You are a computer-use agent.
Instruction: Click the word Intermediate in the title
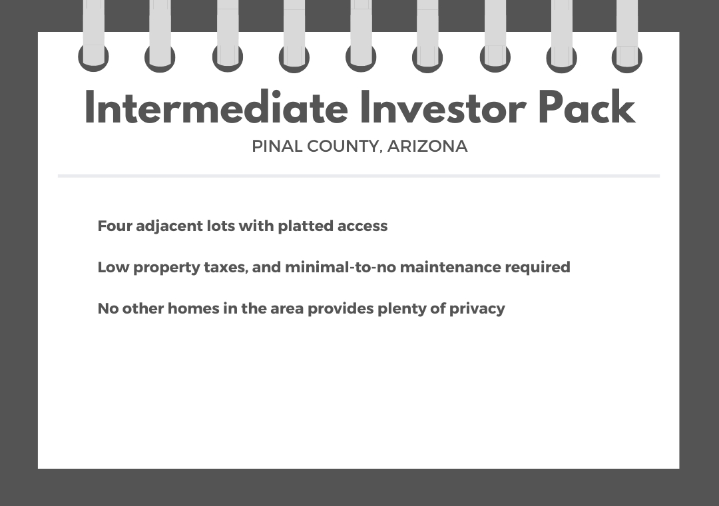(x=216, y=107)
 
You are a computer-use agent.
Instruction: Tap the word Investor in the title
(x=443, y=107)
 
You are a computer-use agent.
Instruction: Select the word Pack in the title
(x=587, y=107)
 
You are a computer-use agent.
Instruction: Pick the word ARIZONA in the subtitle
(x=427, y=146)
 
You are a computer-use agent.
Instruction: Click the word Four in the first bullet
(x=115, y=226)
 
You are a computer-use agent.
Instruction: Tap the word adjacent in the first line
(x=169, y=226)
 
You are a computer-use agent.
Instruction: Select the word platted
(x=306, y=226)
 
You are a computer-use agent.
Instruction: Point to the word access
(x=362, y=226)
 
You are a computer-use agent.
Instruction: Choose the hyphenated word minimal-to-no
(x=340, y=267)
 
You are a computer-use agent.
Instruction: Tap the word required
(x=537, y=268)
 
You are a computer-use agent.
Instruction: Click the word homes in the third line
(x=194, y=308)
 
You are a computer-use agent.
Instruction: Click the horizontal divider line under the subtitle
(x=359, y=176)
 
